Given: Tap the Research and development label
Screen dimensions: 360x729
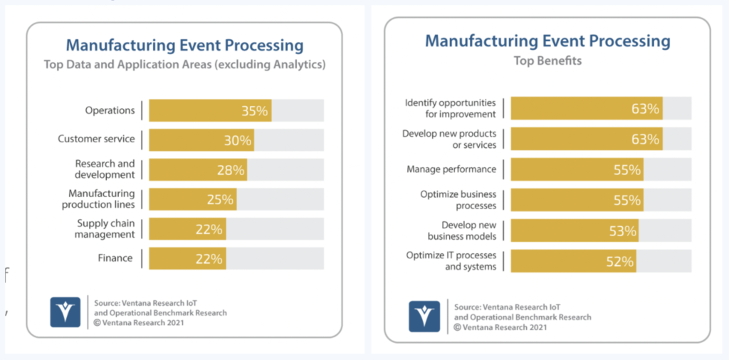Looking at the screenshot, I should [105, 169].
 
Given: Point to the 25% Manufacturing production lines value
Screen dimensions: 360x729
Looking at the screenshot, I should [220, 199].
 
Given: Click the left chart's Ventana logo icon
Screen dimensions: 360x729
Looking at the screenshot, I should [65, 312].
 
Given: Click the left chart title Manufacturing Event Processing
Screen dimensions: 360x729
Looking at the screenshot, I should [184, 46].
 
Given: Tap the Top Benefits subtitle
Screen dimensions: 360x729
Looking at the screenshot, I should [547, 60].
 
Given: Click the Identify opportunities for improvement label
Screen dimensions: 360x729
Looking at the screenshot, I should [450, 108].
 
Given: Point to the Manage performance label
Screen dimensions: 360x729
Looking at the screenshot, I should [451, 169].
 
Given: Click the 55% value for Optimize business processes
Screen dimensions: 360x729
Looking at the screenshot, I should [626, 200].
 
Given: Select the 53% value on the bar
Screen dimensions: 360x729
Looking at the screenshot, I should [622, 231].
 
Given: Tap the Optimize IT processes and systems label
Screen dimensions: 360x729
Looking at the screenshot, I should [451, 261].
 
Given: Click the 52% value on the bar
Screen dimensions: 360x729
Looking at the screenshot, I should [619, 261].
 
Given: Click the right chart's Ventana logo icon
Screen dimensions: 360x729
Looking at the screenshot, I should [424, 316].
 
